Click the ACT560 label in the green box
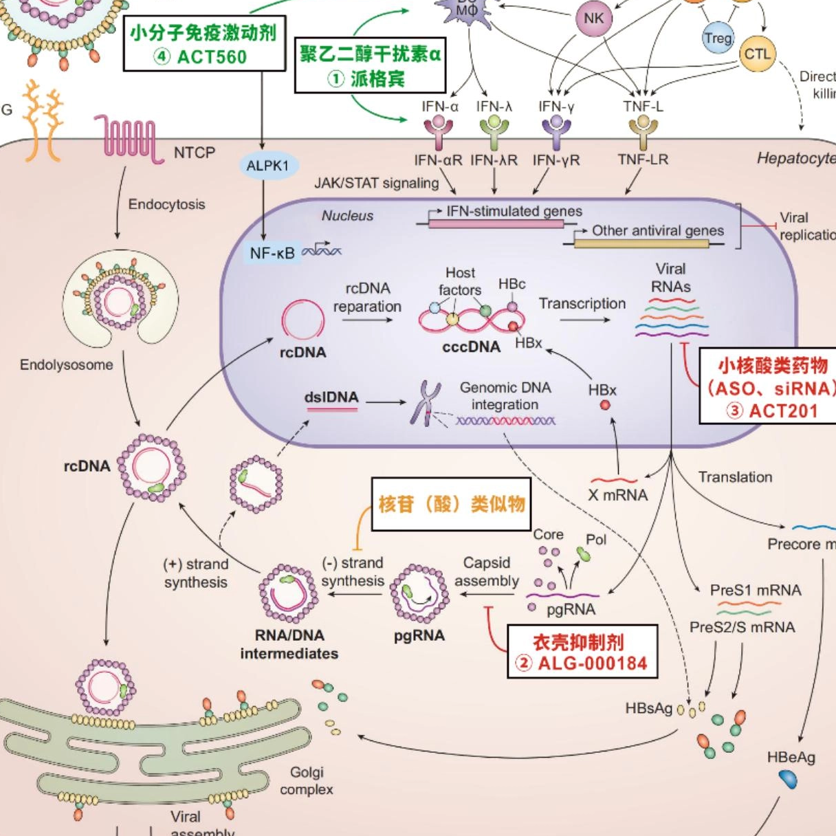click(x=211, y=56)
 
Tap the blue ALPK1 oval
click(x=267, y=166)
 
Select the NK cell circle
click(x=593, y=19)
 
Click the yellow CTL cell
click(x=757, y=54)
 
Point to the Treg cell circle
click(x=718, y=38)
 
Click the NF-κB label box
click(x=272, y=253)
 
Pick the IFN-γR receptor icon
click(x=556, y=130)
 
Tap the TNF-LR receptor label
click(x=643, y=159)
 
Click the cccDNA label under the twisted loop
click(x=471, y=346)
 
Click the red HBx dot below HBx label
click(x=605, y=405)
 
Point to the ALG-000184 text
click(x=592, y=663)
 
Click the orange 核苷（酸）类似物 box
click(x=451, y=504)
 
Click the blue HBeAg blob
click(x=788, y=779)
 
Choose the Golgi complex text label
click(x=306, y=781)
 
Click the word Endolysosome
click(x=66, y=365)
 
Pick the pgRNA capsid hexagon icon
click(x=419, y=593)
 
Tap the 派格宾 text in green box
click(x=377, y=79)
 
